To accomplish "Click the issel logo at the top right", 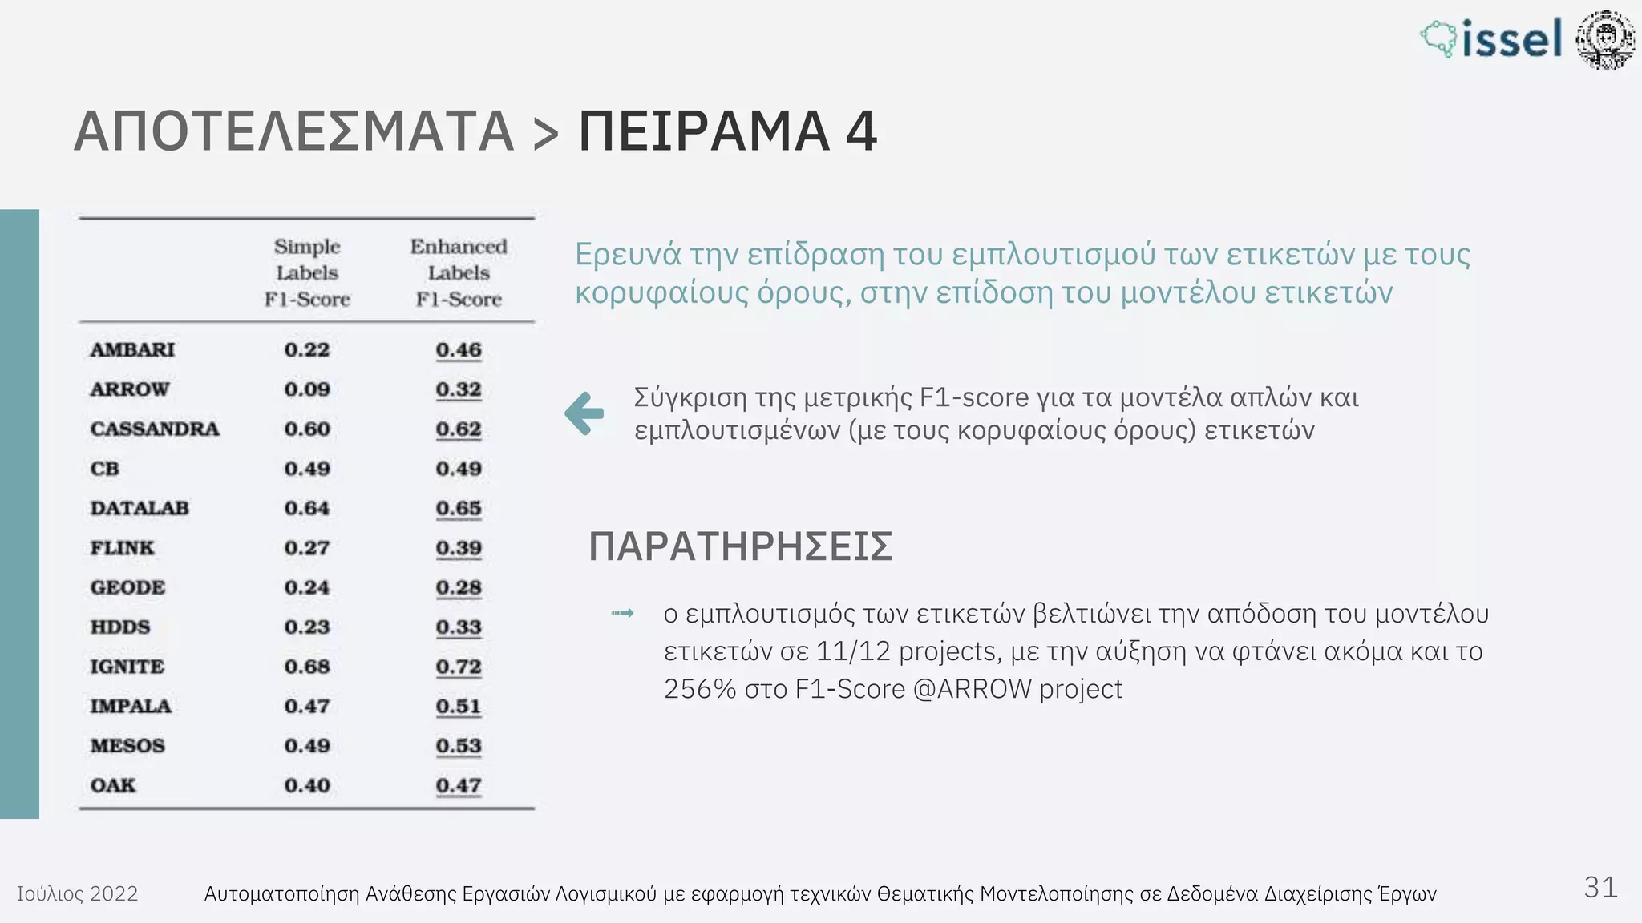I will pyautogui.click(x=1492, y=38).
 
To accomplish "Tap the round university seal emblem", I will pyautogui.click(x=1604, y=38).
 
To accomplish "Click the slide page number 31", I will pyautogui.click(x=1600, y=888).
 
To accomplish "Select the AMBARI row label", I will pyautogui.click(x=132, y=350).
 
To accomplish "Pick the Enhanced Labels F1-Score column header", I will pyautogui.click(x=459, y=272).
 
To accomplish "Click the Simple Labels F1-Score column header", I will pyautogui.click(x=307, y=272).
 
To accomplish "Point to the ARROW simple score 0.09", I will pyautogui.click(x=307, y=389).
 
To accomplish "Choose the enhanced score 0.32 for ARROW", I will pyautogui.click(x=459, y=389).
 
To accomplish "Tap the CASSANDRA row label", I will pyautogui.click(x=155, y=429).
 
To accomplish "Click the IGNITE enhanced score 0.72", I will pyautogui.click(x=459, y=667).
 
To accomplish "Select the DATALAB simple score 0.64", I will pyautogui.click(x=307, y=509).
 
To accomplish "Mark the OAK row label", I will pyautogui.click(x=113, y=785).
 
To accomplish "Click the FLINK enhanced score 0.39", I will pyautogui.click(x=459, y=548).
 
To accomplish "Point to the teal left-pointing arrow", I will pyautogui.click(x=584, y=413).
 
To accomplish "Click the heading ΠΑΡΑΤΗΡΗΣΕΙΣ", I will pyautogui.click(x=740, y=547).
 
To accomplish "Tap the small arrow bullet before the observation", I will pyautogui.click(x=623, y=614).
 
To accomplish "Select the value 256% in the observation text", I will pyautogui.click(x=699, y=689).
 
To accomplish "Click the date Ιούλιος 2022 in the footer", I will pyautogui.click(x=77, y=893).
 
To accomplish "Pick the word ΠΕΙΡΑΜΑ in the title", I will pyautogui.click(x=704, y=131).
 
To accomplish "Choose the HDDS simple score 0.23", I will pyautogui.click(x=307, y=627).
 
